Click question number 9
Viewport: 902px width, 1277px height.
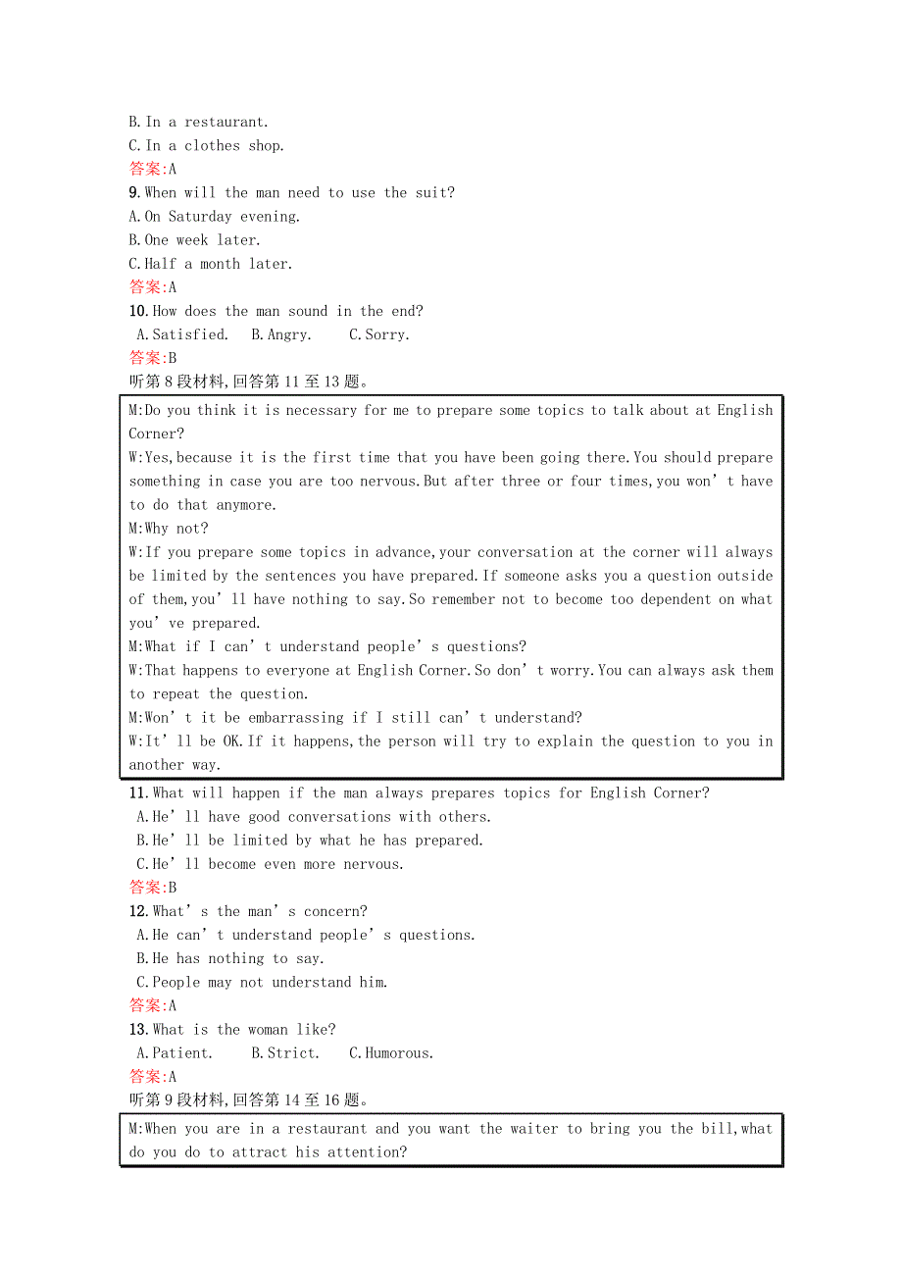(135, 193)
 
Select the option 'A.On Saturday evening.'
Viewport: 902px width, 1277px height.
(215, 217)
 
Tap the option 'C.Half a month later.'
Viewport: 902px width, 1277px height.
(211, 264)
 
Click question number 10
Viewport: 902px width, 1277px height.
(138, 311)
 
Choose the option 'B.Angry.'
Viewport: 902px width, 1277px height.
(281, 334)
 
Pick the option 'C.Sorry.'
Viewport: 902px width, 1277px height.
(379, 334)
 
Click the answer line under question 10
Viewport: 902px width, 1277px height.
(153, 358)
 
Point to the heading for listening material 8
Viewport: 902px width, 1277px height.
(249, 382)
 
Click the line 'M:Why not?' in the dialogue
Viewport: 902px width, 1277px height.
(169, 529)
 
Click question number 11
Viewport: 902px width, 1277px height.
(138, 792)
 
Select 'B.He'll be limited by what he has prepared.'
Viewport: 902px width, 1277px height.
(310, 841)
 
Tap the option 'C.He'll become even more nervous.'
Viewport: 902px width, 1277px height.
(270, 864)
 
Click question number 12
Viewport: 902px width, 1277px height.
(138, 911)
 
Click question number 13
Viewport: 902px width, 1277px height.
(138, 1030)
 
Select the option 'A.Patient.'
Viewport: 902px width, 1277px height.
(175, 1053)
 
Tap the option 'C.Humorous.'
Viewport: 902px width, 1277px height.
(391, 1053)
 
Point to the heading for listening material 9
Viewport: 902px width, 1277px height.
(249, 1100)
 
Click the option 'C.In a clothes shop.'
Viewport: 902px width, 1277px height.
(207, 146)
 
